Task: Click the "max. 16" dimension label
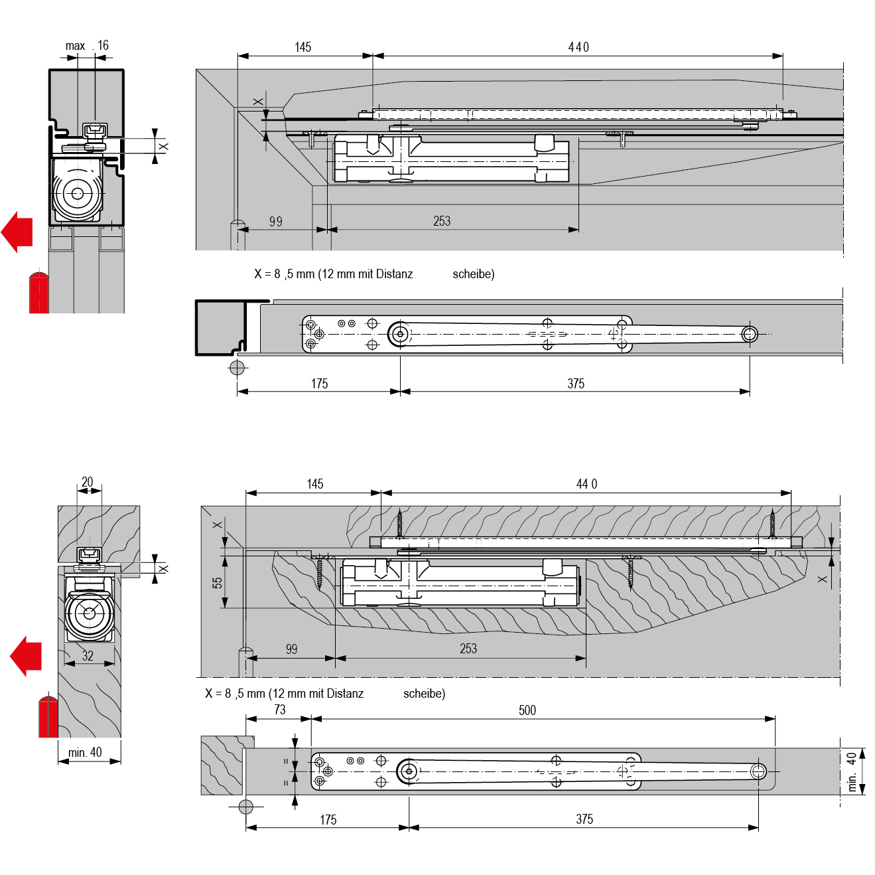click(87, 46)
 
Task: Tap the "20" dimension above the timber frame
click(88, 482)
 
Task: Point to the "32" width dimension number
click(88, 656)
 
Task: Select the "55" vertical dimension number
click(218, 583)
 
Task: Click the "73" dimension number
click(280, 710)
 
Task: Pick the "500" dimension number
click(527, 710)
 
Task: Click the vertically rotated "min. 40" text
click(852, 772)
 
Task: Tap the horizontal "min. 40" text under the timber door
click(86, 752)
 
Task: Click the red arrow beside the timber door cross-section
click(27, 656)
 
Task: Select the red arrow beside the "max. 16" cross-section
click(17, 232)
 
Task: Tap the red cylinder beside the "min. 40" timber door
click(48, 716)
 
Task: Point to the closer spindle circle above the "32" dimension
click(90, 613)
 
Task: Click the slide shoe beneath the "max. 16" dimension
click(94, 131)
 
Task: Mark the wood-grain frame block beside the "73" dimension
click(222, 765)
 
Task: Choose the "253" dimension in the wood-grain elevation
click(468, 649)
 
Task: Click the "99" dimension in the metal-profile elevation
click(276, 222)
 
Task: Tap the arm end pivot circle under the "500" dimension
click(758, 771)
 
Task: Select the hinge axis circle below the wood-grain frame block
click(246, 807)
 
